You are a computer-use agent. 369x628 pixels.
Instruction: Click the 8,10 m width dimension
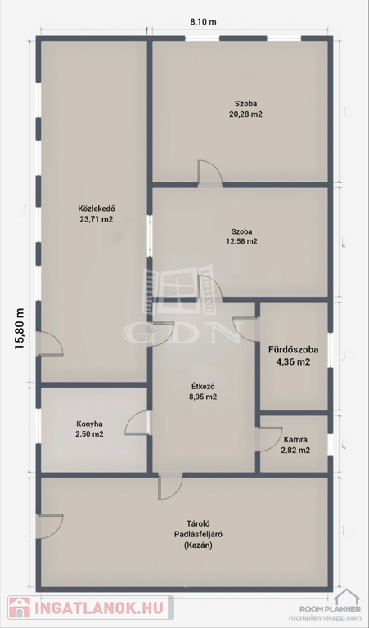(x=203, y=21)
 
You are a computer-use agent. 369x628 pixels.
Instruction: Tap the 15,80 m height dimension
(x=20, y=329)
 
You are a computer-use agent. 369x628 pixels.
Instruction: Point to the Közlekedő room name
(x=97, y=209)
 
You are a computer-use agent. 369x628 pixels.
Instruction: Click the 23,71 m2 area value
(x=97, y=219)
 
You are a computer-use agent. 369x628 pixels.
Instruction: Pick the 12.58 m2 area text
(x=241, y=241)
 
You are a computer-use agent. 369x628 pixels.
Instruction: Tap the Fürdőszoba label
(x=293, y=350)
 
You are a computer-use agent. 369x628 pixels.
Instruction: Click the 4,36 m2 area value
(x=294, y=362)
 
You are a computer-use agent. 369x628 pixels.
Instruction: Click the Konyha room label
(x=89, y=423)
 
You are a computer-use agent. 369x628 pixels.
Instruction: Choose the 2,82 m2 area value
(x=295, y=450)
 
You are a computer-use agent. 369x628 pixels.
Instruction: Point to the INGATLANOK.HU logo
(x=91, y=608)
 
